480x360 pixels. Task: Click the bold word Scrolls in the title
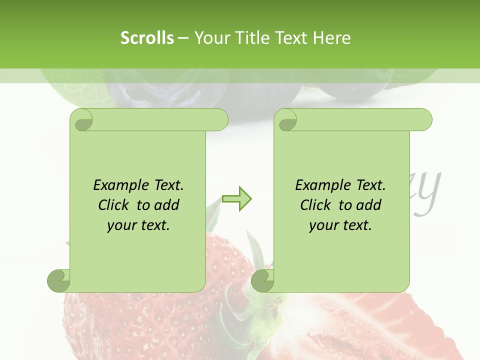(147, 38)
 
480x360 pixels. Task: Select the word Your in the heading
(210, 38)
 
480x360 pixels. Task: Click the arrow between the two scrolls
(236, 198)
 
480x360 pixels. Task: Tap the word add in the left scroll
(167, 205)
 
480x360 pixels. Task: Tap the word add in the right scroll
(369, 205)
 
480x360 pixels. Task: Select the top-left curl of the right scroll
(286, 120)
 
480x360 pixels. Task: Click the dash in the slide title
(183, 38)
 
